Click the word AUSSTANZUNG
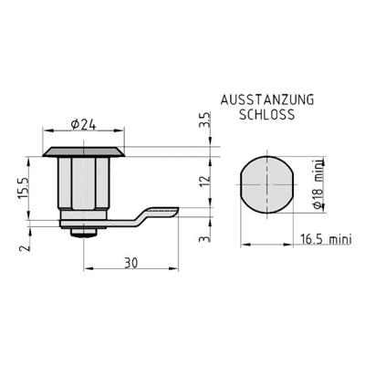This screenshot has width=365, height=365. point(267,100)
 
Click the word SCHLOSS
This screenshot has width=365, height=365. point(266,115)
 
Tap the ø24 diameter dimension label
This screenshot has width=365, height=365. point(83,124)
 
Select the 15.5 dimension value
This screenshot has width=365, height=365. point(23,188)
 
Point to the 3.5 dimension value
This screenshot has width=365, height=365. point(204,120)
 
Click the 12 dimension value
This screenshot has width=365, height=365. point(205,182)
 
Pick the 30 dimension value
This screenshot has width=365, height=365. point(131,263)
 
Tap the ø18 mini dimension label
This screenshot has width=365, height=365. point(318,184)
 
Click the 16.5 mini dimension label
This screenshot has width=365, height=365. point(326,239)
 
